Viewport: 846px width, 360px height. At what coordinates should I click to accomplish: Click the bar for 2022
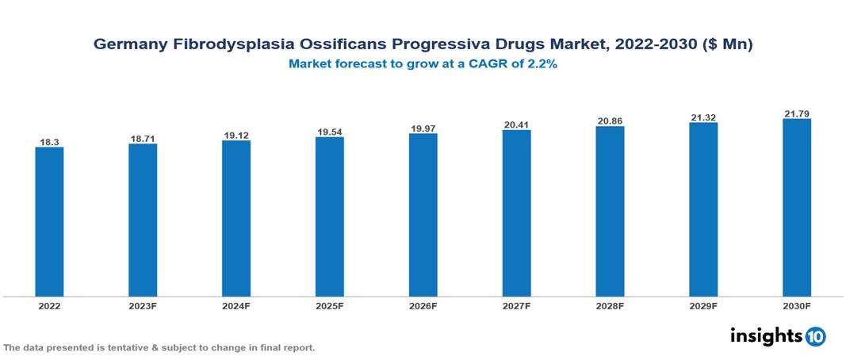tap(49, 222)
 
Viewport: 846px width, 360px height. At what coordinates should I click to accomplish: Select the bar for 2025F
tap(330, 216)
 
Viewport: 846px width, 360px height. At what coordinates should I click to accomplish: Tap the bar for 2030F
tap(796, 208)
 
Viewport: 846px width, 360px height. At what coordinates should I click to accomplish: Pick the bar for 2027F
tap(516, 213)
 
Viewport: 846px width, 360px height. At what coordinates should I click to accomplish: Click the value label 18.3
tap(49, 142)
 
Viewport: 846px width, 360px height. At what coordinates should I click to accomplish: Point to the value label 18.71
tap(143, 139)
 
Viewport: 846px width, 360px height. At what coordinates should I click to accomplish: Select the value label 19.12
tap(236, 136)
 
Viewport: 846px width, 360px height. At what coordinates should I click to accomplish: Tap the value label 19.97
tap(423, 128)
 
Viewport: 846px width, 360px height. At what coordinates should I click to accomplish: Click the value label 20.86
tap(610, 121)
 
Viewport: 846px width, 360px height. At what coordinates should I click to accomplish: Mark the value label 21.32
tap(703, 117)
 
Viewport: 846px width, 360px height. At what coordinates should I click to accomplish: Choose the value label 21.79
tap(796, 114)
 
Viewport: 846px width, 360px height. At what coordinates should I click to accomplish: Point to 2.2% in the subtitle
tap(543, 65)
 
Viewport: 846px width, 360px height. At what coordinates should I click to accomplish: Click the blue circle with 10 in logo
tap(816, 337)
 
